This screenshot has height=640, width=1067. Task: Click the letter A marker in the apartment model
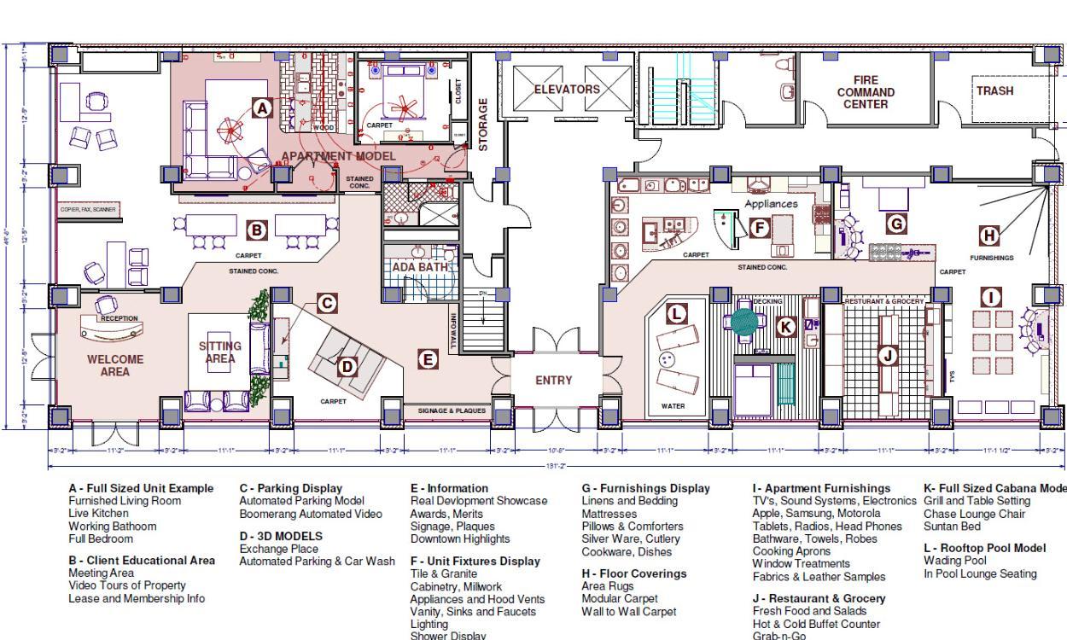point(263,108)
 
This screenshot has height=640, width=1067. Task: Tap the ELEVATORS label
point(567,89)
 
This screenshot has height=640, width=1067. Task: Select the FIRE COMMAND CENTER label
point(865,92)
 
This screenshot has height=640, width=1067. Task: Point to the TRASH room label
point(994,90)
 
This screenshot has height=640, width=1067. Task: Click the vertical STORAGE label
point(483,125)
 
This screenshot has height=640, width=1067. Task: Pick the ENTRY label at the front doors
point(553,381)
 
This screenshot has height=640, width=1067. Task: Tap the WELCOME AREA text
point(115,365)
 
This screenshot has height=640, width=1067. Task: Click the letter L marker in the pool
point(676,313)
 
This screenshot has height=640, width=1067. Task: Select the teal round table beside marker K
point(744,321)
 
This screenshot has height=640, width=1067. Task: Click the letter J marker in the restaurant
point(888,355)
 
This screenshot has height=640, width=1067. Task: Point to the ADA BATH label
point(420,267)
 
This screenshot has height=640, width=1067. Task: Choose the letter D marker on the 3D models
point(347,367)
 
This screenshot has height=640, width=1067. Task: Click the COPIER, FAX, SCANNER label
point(87,209)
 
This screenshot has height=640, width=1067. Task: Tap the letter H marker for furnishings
point(988,236)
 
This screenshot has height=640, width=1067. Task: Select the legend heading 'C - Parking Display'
point(290,488)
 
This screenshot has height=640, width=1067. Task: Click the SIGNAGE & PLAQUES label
point(452,410)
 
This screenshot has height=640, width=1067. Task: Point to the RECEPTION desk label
point(119,318)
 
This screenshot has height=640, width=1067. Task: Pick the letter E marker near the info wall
point(429,359)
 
